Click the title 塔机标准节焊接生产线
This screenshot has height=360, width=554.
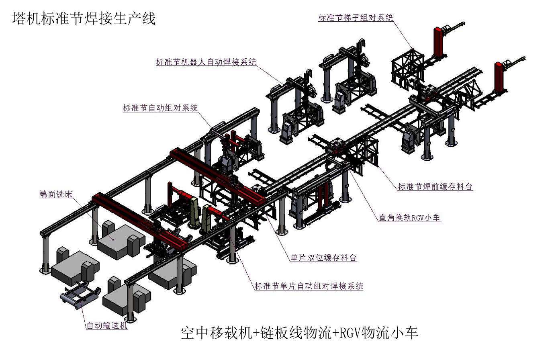pyautogui.click(x=84, y=18)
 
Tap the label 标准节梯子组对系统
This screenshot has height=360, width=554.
pyautogui.click(x=356, y=18)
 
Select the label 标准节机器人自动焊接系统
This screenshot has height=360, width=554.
pyautogui.click(x=206, y=62)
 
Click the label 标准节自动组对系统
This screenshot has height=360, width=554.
pyautogui.click(x=160, y=108)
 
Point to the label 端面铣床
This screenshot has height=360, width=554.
pyautogui.click(x=56, y=194)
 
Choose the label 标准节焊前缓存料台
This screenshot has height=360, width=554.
pyautogui.click(x=435, y=186)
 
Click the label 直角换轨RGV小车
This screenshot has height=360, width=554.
pyautogui.click(x=409, y=218)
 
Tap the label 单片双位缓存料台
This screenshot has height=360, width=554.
pyautogui.click(x=323, y=258)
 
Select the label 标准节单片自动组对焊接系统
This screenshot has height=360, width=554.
pyautogui.click(x=309, y=286)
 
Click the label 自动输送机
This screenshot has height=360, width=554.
pyautogui.click(x=107, y=325)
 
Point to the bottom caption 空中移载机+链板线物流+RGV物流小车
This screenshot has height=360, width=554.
pyautogui.click(x=299, y=333)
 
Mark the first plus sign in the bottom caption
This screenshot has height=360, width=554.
pyautogui.click(x=256, y=333)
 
